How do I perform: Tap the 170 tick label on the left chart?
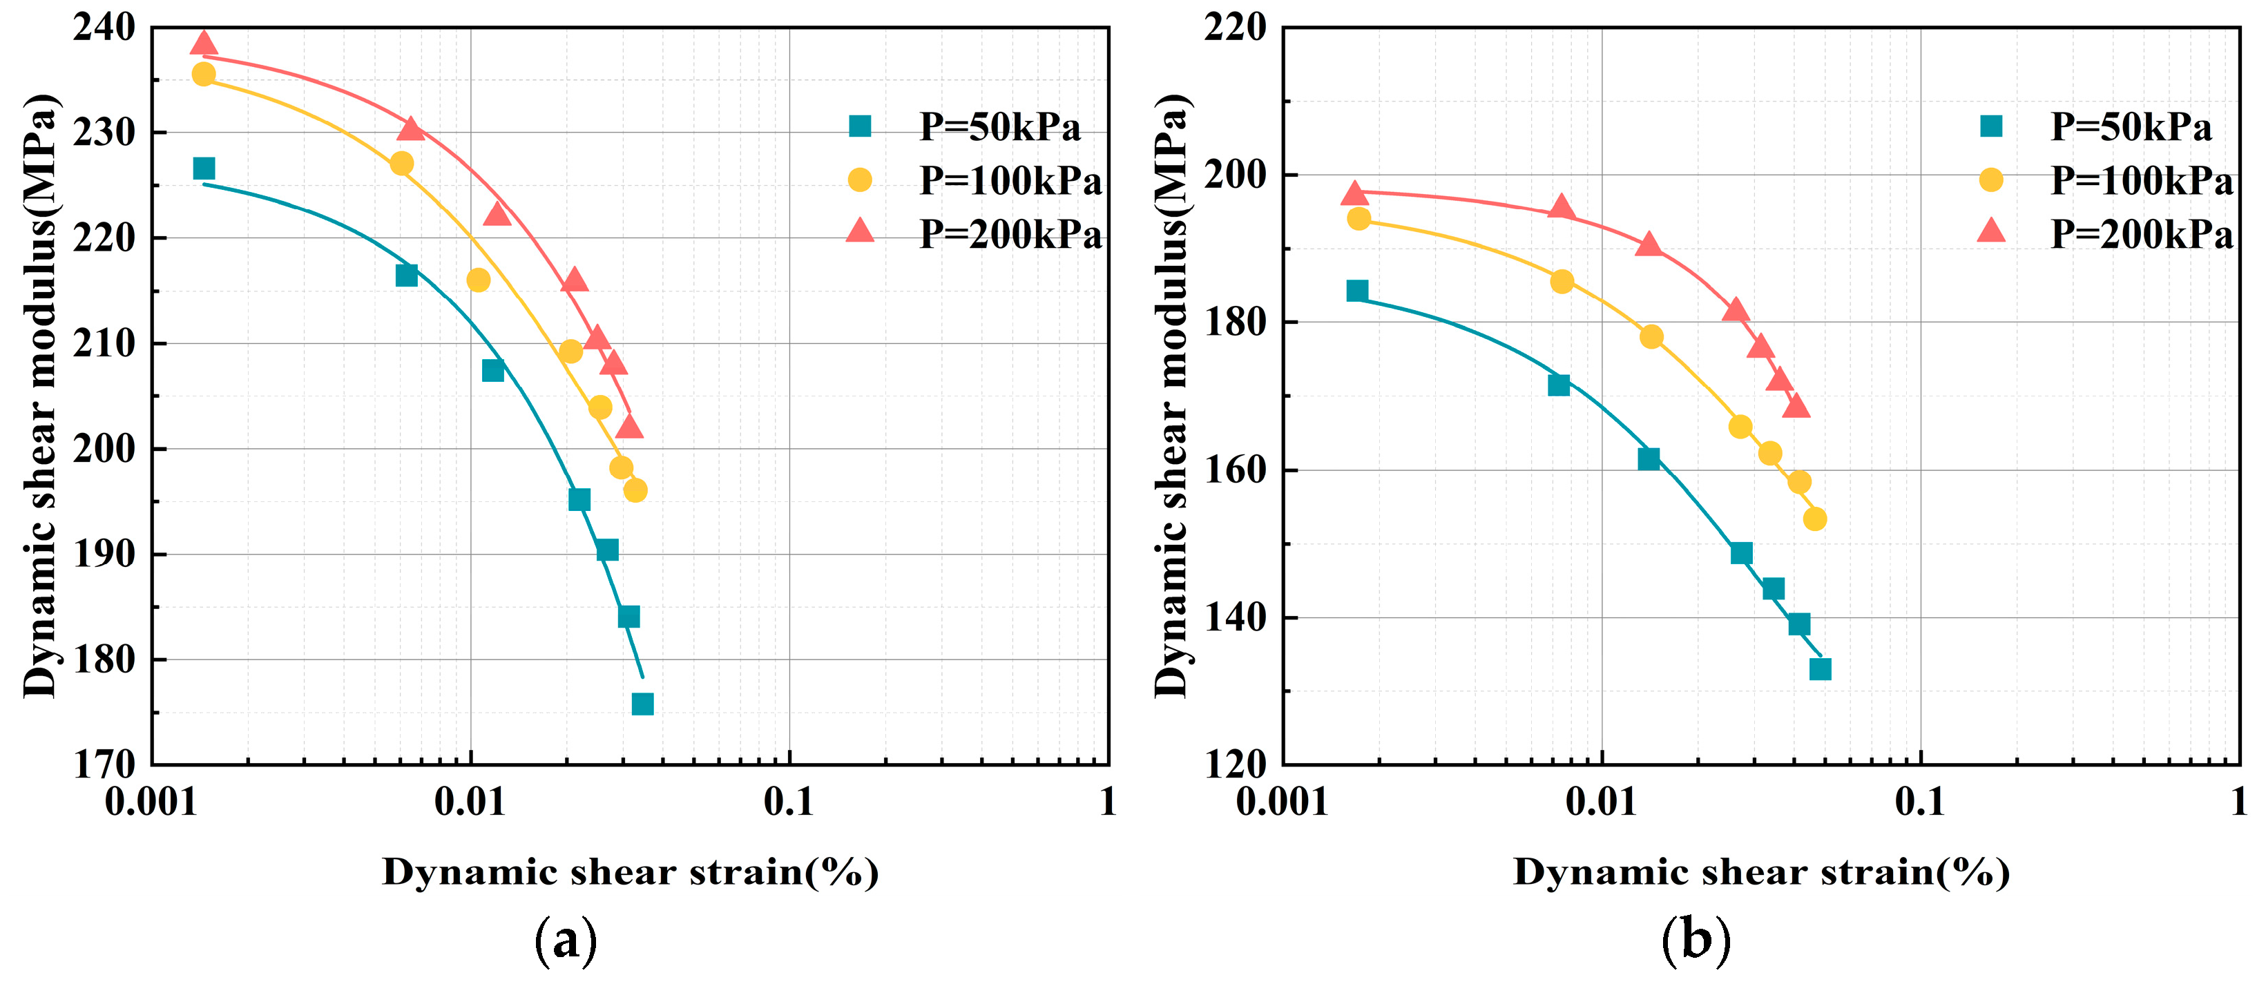coord(104,764)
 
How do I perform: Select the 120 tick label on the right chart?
coord(1235,764)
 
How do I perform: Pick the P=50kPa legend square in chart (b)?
coord(1990,126)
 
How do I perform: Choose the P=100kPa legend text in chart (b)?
coord(2141,181)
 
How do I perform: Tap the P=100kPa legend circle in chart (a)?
coord(859,180)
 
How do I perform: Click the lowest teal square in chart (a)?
coord(642,704)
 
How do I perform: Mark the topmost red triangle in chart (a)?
coord(204,43)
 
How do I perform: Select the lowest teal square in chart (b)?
coord(1820,669)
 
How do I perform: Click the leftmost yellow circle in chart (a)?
coord(204,75)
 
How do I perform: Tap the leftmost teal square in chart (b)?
coord(1357,291)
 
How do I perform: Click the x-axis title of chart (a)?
coord(630,871)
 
